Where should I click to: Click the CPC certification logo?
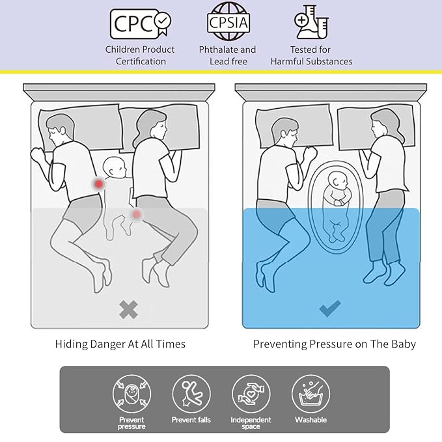click(x=140, y=24)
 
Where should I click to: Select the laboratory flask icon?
click(x=311, y=23)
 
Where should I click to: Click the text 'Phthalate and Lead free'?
click(x=227, y=55)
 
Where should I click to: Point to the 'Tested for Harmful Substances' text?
click(x=311, y=55)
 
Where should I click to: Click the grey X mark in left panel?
click(x=129, y=310)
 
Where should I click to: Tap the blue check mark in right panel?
click(x=329, y=308)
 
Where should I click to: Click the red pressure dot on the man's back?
click(x=98, y=186)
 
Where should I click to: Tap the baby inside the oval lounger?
click(x=336, y=202)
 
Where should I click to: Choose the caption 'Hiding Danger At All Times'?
click(x=120, y=344)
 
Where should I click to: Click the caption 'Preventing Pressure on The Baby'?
click(x=334, y=344)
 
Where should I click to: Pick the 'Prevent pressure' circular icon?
click(x=131, y=394)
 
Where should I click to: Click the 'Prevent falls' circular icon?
click(x=191, y=394)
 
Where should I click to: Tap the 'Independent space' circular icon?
click(x=251, y=394)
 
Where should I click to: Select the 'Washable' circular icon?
click(x=311, y=394)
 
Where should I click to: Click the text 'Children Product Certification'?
click(x=140, y=55)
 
